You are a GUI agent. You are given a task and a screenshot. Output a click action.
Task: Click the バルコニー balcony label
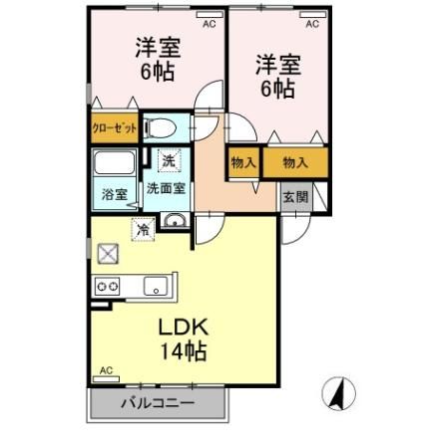(x=159, y=403)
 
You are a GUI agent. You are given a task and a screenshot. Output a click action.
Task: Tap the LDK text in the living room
(x=180, y=328)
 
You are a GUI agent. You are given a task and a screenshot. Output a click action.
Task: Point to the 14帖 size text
(x=181, y=350)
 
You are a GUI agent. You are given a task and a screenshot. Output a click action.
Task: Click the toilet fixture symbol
(x=159, y=127)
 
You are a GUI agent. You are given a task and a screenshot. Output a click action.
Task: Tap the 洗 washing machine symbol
(x=168, y=160)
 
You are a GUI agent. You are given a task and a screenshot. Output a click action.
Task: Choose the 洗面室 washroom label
(x=167, y=186)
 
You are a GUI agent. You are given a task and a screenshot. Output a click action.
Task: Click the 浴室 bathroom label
(x=114, y=194)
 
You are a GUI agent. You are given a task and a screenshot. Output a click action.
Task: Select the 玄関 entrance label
(x=295, y=196)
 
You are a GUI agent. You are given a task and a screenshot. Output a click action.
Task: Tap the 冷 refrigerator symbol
(x=144, y=229)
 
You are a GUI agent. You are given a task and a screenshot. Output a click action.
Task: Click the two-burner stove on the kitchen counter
(x=107, y=287)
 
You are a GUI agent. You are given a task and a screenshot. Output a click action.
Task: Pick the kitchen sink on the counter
(x=157, y=287)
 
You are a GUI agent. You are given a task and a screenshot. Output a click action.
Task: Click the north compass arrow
(x=340, y=394)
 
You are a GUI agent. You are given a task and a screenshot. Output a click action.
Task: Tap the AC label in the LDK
(x=107, y=371)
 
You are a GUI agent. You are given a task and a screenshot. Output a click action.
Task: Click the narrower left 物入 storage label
(x=243, y=162)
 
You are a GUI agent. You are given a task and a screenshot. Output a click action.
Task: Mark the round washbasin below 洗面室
(x=175, y=222)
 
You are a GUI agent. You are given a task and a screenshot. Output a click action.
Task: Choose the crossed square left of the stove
(x=107, y=253)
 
